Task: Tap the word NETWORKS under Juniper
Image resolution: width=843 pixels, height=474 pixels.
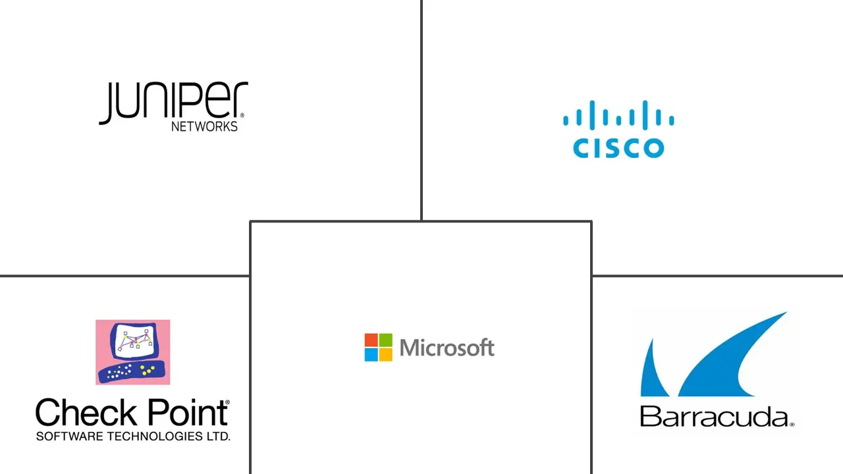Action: (204, 126)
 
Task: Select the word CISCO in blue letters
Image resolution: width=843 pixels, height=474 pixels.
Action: (618, 147)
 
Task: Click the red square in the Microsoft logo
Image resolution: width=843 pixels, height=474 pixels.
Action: (371, 340)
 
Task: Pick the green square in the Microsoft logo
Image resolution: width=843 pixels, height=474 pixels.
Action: (385, 340)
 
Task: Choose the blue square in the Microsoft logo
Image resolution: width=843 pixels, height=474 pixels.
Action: (371, 354)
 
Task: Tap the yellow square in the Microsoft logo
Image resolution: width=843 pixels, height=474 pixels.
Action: (385, 354)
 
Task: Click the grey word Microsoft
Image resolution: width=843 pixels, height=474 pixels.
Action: (447, 348)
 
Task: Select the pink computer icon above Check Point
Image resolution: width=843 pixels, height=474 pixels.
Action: (132, 352)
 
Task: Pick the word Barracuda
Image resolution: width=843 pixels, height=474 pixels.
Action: (714, 417)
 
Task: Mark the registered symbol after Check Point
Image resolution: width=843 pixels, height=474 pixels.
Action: (228, 402)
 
